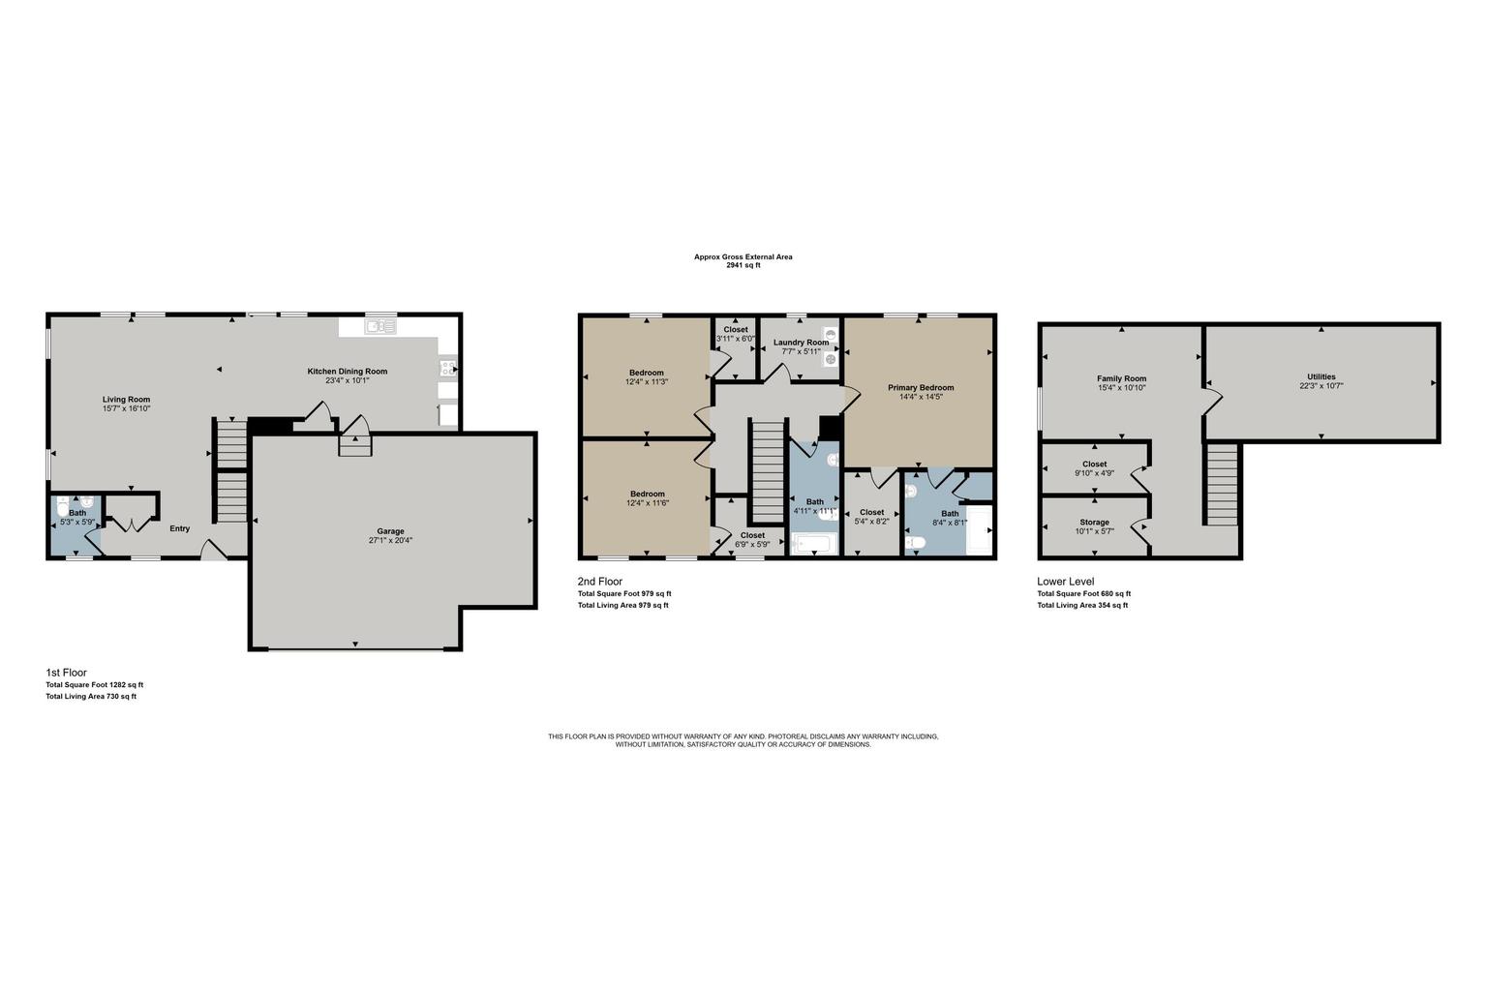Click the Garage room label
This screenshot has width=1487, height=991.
pyautogui.click(x=390, y=531)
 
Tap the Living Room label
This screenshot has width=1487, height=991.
pyautogui.click(x=126, y=400)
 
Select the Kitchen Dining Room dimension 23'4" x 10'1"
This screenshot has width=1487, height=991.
pyautogui.click(x=347, y=381)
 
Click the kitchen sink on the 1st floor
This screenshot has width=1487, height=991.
pyautogui.click(x=379, y=326)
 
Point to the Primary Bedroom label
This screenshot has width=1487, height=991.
pyautogui.click(x=921, y=388)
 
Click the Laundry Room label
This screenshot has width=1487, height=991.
pyautogui.click(x=801, y=343)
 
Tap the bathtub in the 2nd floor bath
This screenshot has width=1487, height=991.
pyautogui.click(x=815, y=544)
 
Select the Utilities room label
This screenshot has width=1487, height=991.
pyautogui.click(x=1321, y=377)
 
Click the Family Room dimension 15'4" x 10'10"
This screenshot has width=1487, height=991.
pyautogui.click(x=1121, y=388)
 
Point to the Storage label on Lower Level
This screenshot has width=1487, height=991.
pyautogui.click(x=1094, y=523)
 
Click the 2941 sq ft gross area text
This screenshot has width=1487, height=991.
pyautogui.click(x=743, y=265)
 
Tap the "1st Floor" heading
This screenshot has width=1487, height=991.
pyautogui.click(x=67, y=673)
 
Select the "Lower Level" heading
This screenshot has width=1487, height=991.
pyautogui.click(x=1066, y=582)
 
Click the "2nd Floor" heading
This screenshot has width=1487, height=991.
pyautogui.click(x=600, y=582)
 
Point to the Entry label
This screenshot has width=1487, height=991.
pyautogui.click(x=180, y=529)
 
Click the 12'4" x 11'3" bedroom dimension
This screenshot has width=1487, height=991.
pyautogui.click(x=647, y=381)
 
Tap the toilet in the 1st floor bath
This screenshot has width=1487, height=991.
pyautogui.click(x=62, y=508)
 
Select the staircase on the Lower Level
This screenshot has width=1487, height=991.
pyautogui.click(x=1222, y=485)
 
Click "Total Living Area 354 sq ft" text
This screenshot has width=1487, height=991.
pyautogui.click(x=1082, y=606)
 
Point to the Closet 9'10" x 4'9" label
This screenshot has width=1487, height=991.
pyautogui.click(x=1094, y=464)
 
